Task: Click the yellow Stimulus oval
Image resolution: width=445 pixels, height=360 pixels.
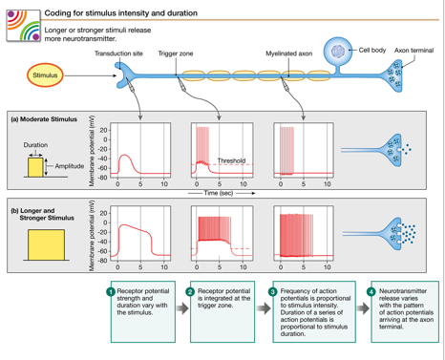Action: point(45,75)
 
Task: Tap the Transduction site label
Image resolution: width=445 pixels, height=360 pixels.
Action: point(118,53)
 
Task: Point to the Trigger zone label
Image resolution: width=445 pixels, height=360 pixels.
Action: point(176,53)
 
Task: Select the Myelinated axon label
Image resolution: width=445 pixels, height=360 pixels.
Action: point(289,53)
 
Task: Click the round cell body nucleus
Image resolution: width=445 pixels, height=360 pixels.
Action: point(338,51)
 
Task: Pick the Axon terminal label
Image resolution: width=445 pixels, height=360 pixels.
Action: point(413,51)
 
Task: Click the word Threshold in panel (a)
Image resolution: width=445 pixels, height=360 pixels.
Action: point(231,160)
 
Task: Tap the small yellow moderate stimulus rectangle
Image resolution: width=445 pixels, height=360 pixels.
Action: point(35,167)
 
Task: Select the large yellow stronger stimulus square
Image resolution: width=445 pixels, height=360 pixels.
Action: point(46,244)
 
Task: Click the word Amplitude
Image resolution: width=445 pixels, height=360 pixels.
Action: point(70,166)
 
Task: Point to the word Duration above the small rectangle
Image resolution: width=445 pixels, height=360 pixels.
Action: point(35,145)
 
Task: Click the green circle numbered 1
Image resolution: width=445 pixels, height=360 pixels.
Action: point(111,291)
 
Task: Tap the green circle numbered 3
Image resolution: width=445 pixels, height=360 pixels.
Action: point(273,291)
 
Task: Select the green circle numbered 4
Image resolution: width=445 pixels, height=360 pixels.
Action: point(371,291)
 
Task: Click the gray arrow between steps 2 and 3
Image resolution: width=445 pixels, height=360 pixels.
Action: point(264,308)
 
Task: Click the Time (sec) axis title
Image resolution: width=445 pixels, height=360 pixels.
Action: point(219,193)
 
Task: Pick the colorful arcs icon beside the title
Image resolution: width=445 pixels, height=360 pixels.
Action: point(24,26)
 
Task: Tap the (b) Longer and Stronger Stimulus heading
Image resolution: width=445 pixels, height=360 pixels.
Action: point(43,214)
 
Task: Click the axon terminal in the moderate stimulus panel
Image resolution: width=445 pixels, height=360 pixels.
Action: point(392,150)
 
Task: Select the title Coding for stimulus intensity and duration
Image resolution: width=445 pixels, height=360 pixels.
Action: point(121,13)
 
